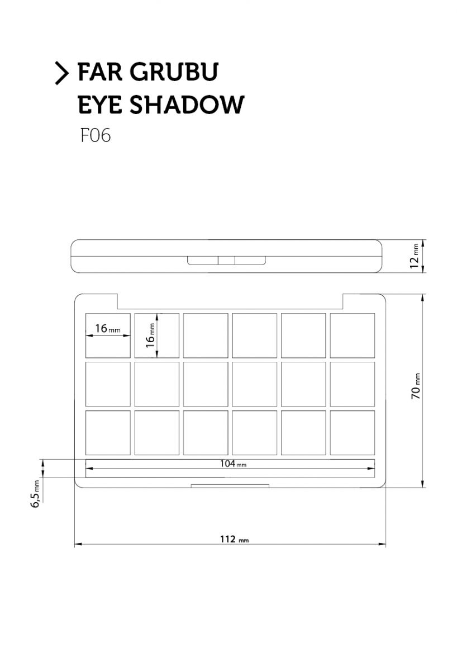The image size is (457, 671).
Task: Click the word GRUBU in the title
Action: click(174, 72)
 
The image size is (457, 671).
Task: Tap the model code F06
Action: click(96, 135)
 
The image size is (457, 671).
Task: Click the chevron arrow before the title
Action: click(62, 73)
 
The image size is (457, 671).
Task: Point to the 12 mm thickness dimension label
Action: click(415, 256)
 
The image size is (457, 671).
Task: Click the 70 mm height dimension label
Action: click(416, 386)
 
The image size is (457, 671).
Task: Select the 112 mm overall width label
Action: click(234, 539)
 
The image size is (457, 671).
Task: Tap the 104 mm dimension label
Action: click(233, 464)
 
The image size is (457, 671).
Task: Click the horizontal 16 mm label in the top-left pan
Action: click(108, 329)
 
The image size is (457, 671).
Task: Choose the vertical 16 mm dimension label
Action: click(150, 335)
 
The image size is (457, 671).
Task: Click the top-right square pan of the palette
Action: click(353, 335)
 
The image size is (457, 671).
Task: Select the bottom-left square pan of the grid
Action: click(108, 433)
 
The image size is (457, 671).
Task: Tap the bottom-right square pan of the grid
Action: click(353, 433)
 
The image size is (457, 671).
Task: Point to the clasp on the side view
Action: click(226, 261)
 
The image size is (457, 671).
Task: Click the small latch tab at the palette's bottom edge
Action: click(230, 486)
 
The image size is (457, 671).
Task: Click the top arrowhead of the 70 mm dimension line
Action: click(422, 297)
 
